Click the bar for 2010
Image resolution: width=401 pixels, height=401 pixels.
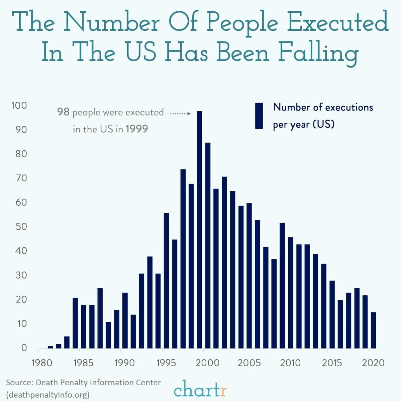(x=290, y=293)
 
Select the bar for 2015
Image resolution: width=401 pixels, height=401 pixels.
(x=332, y=314)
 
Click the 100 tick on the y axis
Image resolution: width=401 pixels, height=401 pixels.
(x=19, y=106)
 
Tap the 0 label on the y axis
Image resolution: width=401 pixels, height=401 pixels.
(x=24, y=348)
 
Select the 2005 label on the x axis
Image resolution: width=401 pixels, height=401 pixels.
(x=249, y=363)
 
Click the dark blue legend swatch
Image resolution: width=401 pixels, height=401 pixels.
(x=259, y=116)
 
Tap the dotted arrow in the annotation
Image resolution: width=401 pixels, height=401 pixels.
(x=180, y=114)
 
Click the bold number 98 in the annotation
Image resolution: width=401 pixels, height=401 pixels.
(x=63, y=112)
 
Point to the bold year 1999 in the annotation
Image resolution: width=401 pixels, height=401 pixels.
(x=137, y=129)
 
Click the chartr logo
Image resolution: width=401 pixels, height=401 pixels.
(x=200, y=390)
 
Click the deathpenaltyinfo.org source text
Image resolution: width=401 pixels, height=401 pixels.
(x=48, y=395)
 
